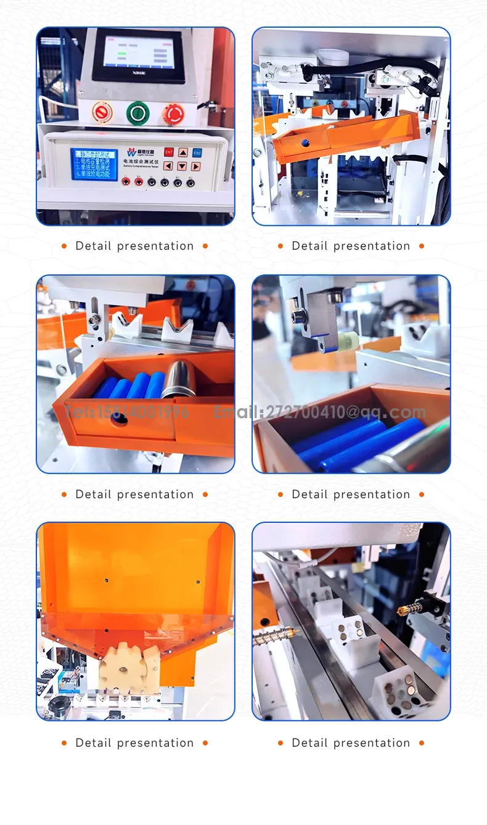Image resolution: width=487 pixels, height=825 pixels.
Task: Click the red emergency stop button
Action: [173, 113]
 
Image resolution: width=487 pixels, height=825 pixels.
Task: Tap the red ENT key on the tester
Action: [168, 152]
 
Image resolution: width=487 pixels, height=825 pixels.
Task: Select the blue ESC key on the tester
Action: [197, 152]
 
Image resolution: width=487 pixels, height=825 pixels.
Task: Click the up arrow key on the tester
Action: [183, 152]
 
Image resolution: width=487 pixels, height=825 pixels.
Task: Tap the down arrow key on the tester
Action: [182, 166]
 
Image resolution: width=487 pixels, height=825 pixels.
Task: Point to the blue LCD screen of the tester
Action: [94, 164]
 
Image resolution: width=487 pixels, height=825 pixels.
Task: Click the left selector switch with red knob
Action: [102, 112]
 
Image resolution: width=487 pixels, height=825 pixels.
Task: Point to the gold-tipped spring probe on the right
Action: [409, 610]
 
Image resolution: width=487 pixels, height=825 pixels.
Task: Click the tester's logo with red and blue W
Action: [131, 152]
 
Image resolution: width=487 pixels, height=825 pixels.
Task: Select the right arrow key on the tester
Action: [196, 166]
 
